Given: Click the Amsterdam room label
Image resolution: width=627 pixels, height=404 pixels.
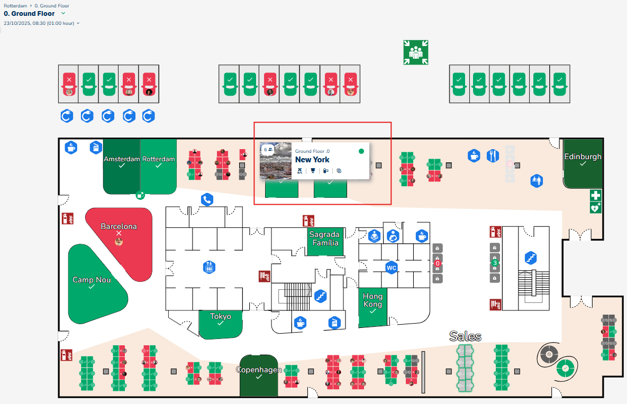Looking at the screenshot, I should pyautogui.click(x=122, y=159).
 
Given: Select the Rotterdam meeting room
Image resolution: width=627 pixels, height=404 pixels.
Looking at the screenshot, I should pyautogui.click(x=158, y=159).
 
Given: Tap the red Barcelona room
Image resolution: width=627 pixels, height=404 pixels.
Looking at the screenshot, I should pyautogui.click(x=119, y=226).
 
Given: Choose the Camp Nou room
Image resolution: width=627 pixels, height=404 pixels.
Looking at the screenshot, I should pyautogui.click(x=92, y=279).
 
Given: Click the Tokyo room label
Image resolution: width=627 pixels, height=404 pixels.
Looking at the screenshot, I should pyautogui.click(x=221, y=316).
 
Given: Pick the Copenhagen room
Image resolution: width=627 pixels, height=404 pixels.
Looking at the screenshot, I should pyautogui.click(x=258, y=370).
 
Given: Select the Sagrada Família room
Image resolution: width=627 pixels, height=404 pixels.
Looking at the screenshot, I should pyautogui.click(x=324, y=238).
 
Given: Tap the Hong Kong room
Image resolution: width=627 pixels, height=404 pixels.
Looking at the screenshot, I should pyautogui.click(x=372, y=300).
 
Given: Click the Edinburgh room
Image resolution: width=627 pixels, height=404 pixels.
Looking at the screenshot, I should pyautogui.click(x=583, y=157).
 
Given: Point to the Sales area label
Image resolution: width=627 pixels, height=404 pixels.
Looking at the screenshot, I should pyautogui.click(x=465, y=336).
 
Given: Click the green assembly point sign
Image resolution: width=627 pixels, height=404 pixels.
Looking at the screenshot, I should pyautogui.click(x=415, y=52).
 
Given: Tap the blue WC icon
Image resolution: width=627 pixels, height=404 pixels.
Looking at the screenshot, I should pyautogui.click(x=392, y=268).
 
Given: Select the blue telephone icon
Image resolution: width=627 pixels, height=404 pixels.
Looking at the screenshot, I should pyautogui.click(x=207, y=199).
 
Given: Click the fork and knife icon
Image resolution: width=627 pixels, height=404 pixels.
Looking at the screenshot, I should pyautogui.click(x=493, y=155).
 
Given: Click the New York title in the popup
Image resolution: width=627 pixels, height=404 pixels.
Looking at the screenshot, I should pyautogui.click(x=312, y=160).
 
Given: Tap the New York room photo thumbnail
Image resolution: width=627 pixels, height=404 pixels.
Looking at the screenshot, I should pyautogui.click(x=275, y=160).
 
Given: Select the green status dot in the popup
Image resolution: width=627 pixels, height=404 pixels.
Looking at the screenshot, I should pyautogui.click(x=361, y=151).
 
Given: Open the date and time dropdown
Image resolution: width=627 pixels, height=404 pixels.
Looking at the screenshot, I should pyautogui.click(x=42, y=23).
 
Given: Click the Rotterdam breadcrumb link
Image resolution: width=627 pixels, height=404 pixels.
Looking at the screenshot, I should pyautogui.click(x=15, y=6).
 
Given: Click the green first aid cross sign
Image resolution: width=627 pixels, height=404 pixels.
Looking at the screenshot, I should pyautogui.click(x=596, y=196).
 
